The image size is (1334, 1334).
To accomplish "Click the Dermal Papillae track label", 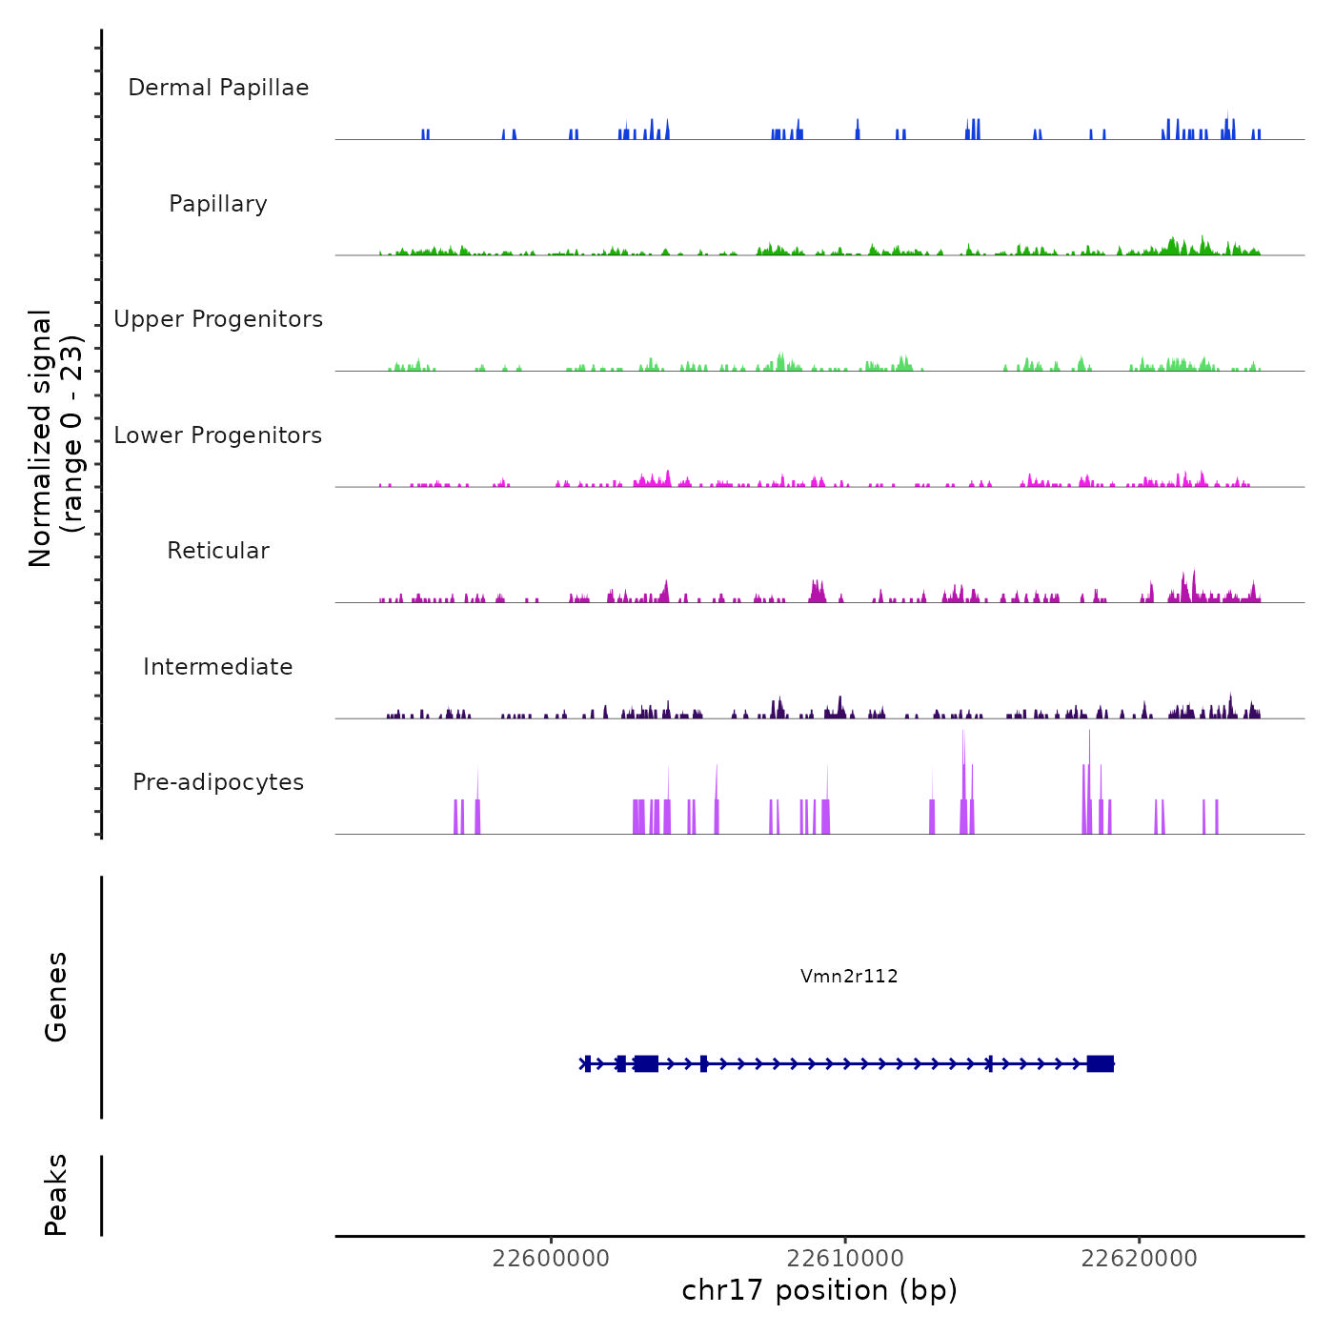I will (218, 88).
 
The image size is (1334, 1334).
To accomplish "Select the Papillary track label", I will (218, 204).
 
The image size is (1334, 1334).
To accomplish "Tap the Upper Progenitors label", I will (218, 319).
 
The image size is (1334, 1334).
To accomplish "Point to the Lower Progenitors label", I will (218, 435).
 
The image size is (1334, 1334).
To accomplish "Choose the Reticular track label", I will (218, 551).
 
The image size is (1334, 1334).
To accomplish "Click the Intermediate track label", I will (218, 667).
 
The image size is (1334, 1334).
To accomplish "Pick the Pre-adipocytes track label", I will (218, 782).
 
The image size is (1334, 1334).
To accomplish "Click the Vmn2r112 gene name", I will (849, 976).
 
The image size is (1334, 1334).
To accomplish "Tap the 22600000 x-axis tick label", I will (551, 1258).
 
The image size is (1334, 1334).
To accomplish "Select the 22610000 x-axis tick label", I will (845, 1258).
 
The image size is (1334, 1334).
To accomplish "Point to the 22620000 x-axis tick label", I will (1140, 1258).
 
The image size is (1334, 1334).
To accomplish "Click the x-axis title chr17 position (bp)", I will (819, 1290).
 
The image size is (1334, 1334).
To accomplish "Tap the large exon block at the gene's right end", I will (1101, 1063).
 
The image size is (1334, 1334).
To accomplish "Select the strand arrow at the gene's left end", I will (584, 1063).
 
